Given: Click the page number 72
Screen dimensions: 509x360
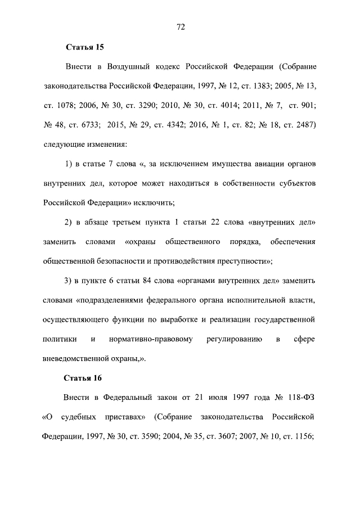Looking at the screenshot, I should point(181,26).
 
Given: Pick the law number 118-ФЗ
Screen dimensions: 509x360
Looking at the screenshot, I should point(301,398).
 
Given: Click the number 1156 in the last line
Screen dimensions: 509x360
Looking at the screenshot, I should point(300,436).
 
